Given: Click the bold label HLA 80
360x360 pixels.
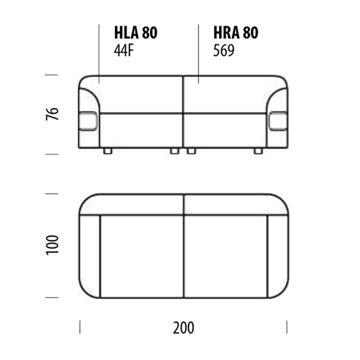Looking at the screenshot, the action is [x=136, y=33].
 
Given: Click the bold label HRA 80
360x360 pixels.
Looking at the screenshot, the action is [x=236, y=33].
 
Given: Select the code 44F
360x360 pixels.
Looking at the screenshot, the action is [x=123, y=51].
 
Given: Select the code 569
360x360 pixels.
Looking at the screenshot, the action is [x=224, y=51].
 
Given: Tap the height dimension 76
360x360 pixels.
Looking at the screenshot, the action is [x=52, y=114].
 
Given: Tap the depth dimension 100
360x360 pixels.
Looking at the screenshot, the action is [x=52, y=245].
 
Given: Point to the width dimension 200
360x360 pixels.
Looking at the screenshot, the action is [x=183, y=328].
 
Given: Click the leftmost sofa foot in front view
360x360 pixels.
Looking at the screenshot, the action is [x=108, y=151].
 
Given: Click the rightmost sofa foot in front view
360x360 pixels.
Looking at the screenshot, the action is [x=258, y=151].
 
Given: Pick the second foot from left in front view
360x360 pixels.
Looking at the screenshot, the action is [x=174, y=151].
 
